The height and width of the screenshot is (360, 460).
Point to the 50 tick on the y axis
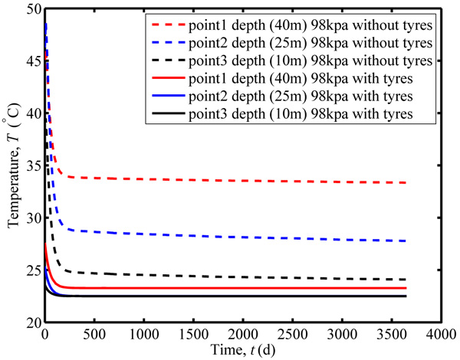pyautogui.click(x=31, y=9)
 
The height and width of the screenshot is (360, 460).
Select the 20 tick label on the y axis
pyautogui.click(x=31, y=322)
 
